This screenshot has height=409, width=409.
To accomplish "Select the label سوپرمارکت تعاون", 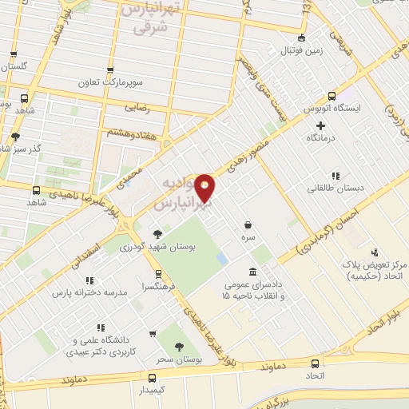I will [109, 83].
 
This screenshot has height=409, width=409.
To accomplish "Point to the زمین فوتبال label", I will [300, 51].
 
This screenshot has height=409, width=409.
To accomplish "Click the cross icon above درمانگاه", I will [320, 125].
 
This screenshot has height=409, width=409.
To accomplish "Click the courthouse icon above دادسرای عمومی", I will [252, 272].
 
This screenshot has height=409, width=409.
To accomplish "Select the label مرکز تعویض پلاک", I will [379, 264].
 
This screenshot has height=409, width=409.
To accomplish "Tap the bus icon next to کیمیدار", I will [152, 377].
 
